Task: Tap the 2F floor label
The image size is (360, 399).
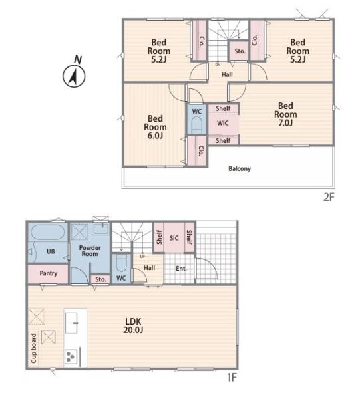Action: point(329,197)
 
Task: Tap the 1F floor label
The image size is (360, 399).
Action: point(232,377)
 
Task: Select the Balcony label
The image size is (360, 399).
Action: point(240,168)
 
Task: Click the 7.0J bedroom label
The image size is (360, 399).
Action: point(285,114)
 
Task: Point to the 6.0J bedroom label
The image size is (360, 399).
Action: point(155,127)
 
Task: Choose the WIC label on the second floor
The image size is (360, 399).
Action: point(222,123)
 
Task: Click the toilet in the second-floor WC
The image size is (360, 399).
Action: point(196,126)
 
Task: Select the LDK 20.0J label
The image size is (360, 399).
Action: point(133,325)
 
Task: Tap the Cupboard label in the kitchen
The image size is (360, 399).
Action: point(34,348)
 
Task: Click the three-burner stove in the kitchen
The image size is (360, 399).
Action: point(71,356)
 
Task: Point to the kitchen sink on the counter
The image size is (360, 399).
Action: point(72,323)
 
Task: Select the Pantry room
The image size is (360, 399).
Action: point(48,274)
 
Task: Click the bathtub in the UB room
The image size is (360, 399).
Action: point(48,232)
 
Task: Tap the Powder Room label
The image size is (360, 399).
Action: point(90,251)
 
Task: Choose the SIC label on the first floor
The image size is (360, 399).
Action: point(174,238)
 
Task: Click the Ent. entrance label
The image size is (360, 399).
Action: point(181,269)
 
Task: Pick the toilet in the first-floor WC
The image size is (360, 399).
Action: point(121,263)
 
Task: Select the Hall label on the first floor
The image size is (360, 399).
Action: point(149,268)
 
